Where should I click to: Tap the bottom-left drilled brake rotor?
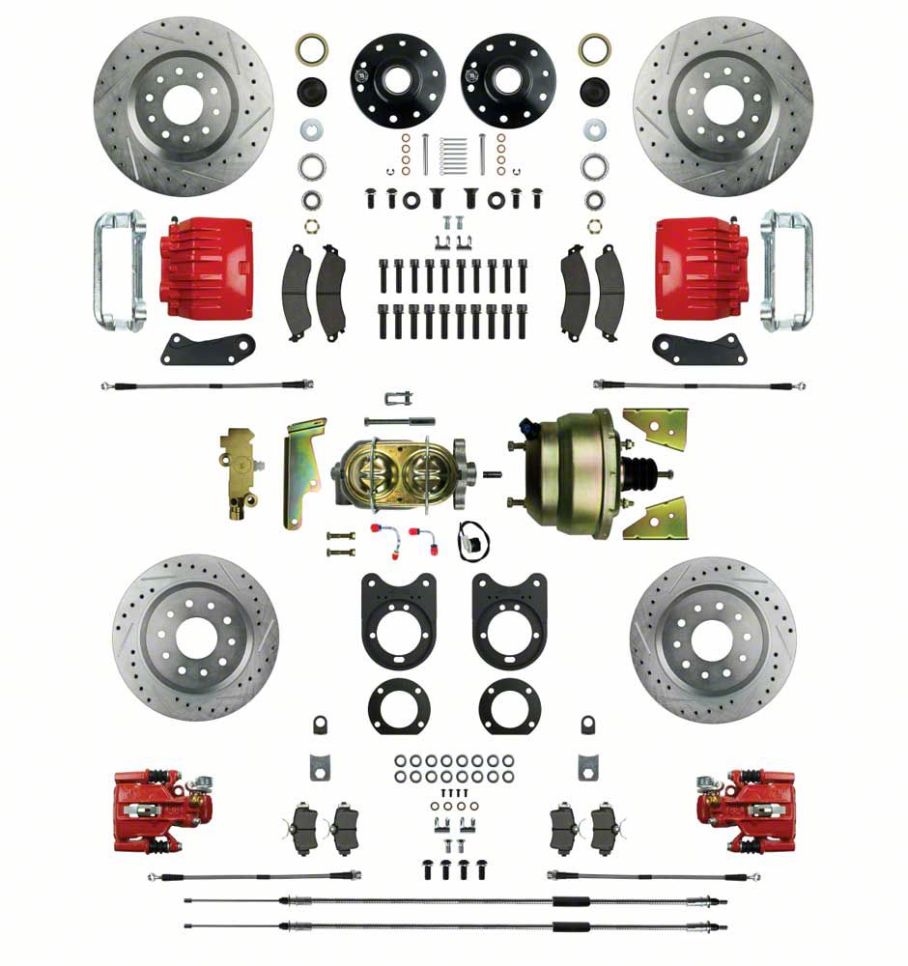click(x=195, y=638)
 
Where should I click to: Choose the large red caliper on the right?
click(x=701, y=267)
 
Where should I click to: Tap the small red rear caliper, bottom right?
click(x=746, y=810)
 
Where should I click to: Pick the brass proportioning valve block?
click(x=238, y=473)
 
